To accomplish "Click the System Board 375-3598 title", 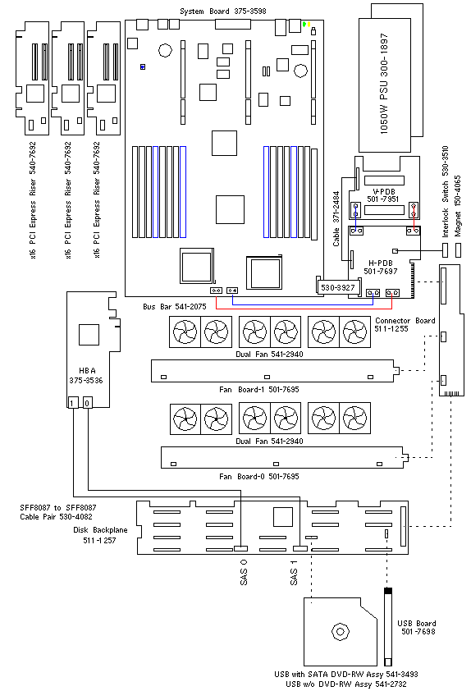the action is tap(223, 11).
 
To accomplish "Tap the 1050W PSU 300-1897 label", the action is tap(384, 84).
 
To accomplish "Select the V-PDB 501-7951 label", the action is tap(383, 195).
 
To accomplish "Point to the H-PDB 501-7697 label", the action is tap(380, 267).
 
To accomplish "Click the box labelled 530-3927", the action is tap(338, 287).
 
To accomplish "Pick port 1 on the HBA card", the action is tap(73, 402).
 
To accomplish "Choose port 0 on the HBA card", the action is tap(87, 402).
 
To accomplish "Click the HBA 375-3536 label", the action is tap(86, 376).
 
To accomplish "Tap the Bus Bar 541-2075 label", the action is tap(175, 307).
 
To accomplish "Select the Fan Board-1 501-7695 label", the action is tap(259, 390).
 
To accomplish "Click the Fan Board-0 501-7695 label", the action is tap(259, 476).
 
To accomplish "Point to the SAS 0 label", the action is tap(244, 572).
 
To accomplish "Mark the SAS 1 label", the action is tap(294, 573).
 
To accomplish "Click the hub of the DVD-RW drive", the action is tap(340, 632).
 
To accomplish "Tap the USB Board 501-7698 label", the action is tap(417, 628).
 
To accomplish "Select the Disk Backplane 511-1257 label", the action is tap(100, 535).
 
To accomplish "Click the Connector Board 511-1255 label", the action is tap(405, 325).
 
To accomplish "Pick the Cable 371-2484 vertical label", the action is tap(336, 218).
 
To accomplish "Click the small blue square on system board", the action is tap(142, 67).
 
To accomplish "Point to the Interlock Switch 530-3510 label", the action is tap(445, 192).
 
